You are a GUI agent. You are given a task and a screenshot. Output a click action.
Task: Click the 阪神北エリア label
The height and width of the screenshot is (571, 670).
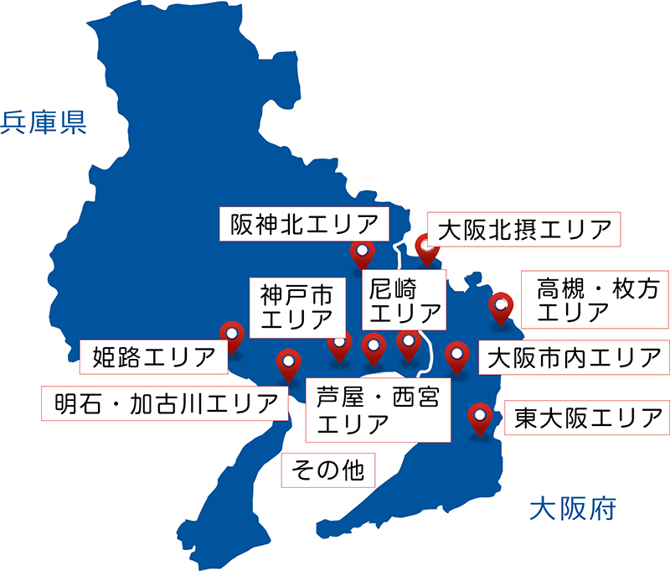304,224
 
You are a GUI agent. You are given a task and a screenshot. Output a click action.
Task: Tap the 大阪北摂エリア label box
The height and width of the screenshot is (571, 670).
523,229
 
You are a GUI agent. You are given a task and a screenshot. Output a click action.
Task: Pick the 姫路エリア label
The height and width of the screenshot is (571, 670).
154,356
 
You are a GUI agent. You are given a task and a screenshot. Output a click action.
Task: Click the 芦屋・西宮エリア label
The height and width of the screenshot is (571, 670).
379,408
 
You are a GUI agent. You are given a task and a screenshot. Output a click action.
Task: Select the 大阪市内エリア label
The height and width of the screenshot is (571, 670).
574,357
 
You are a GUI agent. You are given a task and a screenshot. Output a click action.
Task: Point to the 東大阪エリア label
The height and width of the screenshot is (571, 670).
586,416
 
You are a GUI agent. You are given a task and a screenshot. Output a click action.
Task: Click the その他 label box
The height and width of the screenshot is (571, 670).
328,470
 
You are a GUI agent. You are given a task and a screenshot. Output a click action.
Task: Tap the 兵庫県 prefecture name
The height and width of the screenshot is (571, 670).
44,123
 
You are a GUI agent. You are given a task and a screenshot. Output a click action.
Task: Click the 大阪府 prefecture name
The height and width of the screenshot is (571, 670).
574,508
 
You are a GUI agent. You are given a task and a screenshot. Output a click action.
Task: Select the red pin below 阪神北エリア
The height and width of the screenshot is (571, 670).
361,254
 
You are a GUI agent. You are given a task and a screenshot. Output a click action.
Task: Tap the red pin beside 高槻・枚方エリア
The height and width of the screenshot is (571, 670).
500,306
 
